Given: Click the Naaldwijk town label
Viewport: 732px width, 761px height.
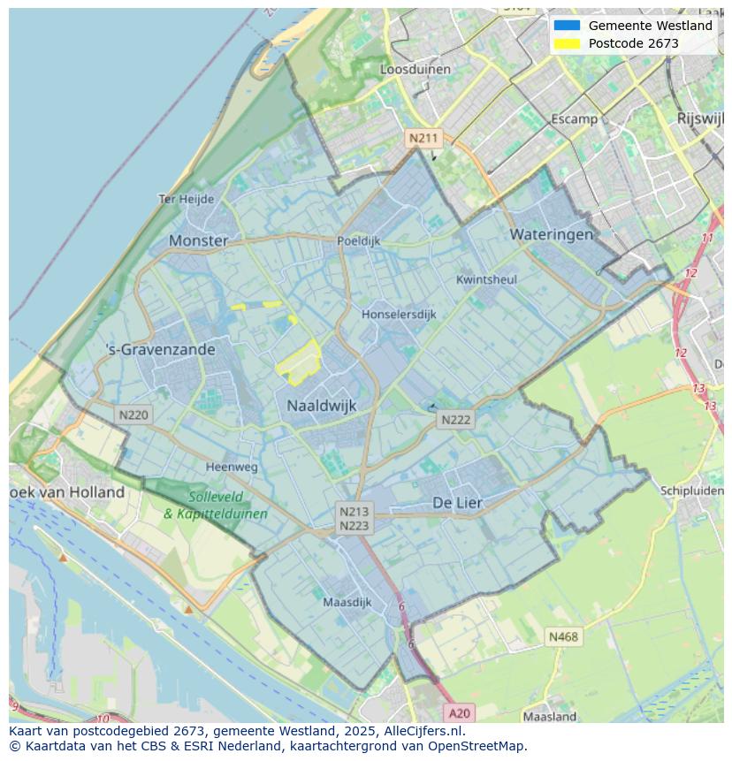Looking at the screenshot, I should (321, 406).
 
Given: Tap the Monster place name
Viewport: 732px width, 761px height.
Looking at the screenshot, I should (198, 240).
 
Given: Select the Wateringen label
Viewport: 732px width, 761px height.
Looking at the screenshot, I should (551, 234).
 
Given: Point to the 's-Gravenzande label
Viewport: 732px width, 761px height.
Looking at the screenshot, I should (160, 350).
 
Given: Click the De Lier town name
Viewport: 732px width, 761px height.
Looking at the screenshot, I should (457, 502).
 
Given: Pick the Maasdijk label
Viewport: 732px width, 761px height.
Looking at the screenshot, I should (347, 602).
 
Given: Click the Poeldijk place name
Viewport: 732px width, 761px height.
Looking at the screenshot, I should (358, 240).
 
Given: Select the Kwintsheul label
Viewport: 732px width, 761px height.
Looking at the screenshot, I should (486, 279).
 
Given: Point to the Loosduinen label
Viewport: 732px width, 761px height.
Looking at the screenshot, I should (415, 69).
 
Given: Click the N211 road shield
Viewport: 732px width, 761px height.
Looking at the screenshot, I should (423, 138).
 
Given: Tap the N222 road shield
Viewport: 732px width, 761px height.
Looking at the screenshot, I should (456, 420).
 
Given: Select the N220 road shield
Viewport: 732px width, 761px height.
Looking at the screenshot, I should (133, 415).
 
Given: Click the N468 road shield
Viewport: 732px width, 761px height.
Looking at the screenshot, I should (563, 636).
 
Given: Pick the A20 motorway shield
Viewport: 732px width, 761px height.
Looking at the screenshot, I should (460, 712).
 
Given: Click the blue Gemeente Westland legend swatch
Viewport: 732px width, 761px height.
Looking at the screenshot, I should (567, 26).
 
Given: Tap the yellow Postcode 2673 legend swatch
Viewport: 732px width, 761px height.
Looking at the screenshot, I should (567, 43).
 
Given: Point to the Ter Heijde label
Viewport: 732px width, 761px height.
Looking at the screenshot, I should (186, 199).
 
